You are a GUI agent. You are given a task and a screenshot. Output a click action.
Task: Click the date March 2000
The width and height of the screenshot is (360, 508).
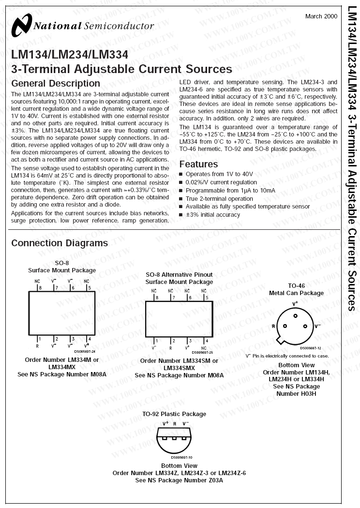[x=321, y=16]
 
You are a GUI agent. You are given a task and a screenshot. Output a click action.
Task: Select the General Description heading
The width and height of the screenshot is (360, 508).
[x=56, y=84]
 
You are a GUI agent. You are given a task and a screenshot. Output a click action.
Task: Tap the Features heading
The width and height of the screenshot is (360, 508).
[x=198, y=164]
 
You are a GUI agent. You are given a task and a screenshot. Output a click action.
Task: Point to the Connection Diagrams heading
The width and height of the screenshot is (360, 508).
[x=60, y=243]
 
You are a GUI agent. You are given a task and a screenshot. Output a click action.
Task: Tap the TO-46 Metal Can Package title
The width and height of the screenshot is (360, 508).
[x=296, y=289]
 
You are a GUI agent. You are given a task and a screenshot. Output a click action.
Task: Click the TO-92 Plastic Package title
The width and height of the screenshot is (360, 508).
[x=174, y=414]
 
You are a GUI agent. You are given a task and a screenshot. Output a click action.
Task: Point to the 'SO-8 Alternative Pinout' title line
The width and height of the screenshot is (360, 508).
[x=179, y=275]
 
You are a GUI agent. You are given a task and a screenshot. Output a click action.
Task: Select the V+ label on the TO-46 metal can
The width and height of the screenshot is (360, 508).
[x=295, y=303]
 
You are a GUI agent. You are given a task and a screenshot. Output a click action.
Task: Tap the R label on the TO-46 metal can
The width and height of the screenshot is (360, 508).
[x=273, y=327]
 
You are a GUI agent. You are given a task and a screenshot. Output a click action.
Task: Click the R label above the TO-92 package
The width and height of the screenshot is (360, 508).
[x=175, y=423]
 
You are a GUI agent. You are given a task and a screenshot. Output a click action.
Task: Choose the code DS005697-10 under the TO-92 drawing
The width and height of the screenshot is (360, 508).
[x=181, y=457]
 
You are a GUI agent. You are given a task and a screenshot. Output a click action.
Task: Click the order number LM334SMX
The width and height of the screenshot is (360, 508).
[x=179, y=368]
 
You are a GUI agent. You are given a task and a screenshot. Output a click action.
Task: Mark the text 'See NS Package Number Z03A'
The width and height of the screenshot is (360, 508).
[x=179, y=480]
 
